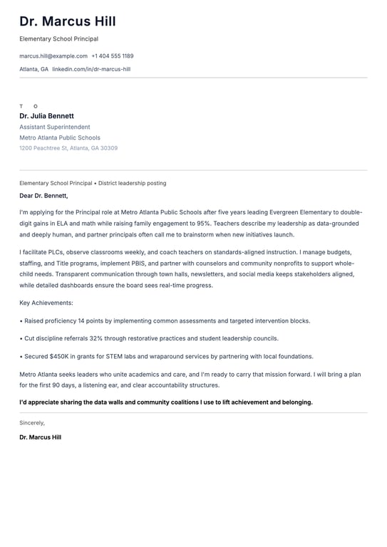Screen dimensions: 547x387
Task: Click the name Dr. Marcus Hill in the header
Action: [x=68, y=21]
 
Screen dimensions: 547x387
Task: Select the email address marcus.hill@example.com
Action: [x=53, y=56]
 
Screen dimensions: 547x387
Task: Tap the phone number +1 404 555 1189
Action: [x=113, y=56]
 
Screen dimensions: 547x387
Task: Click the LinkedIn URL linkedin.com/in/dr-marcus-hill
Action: [x=91, y=69]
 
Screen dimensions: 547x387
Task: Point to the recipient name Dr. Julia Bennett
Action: [x=46, y=116]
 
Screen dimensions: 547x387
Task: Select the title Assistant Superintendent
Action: [x=55, y=127]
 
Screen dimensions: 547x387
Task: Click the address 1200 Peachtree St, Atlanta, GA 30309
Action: [x=68, y=148]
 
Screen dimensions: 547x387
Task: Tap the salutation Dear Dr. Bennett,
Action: [x=43, y=195]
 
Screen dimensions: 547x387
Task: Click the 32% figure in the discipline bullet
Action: [x=100, y=338]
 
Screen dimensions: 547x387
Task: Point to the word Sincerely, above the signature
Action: [x=32, y=422]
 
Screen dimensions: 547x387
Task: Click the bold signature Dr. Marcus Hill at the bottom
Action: [x=40, y=437]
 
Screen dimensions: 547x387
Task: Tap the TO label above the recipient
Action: [x=29, y=106]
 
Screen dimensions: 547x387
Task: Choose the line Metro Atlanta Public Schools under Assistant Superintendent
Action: [x=60, y=137]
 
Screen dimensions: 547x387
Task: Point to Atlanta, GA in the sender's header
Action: [x=33, y=69]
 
